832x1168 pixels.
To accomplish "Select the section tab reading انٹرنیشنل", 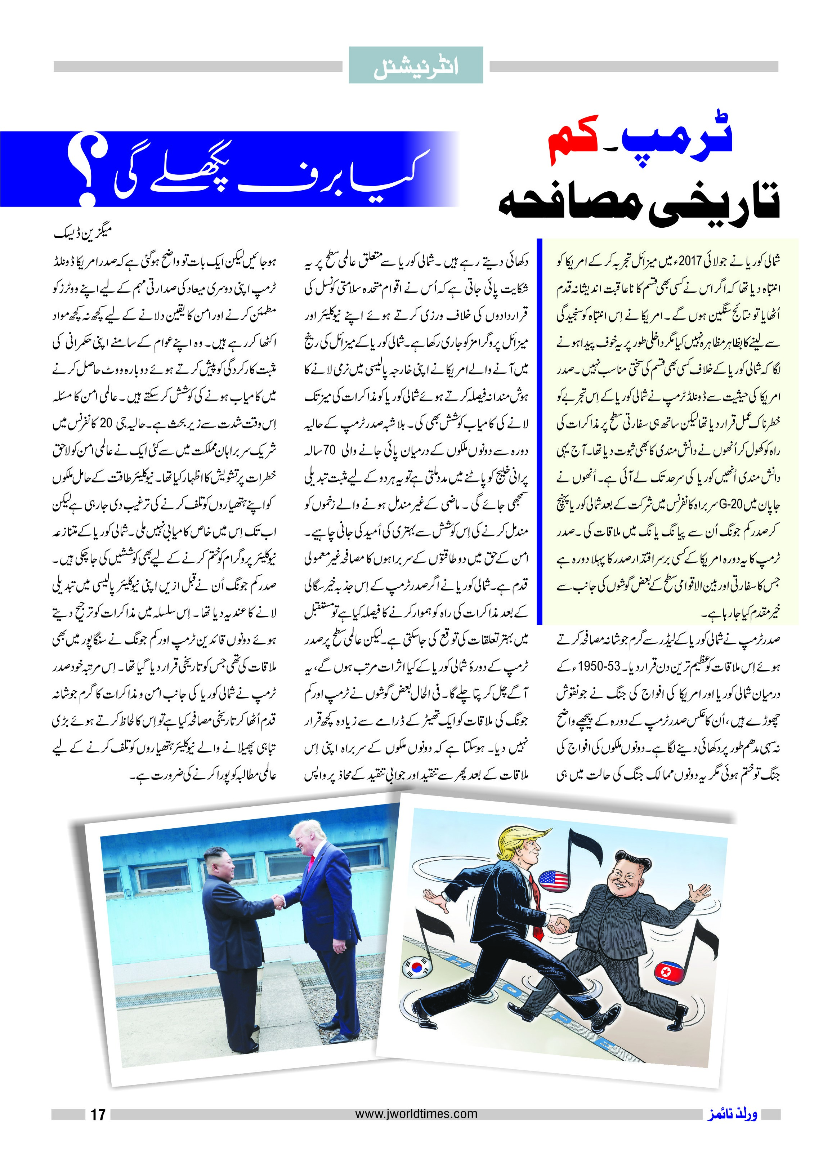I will pyautogui.click(x=416, y=66).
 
